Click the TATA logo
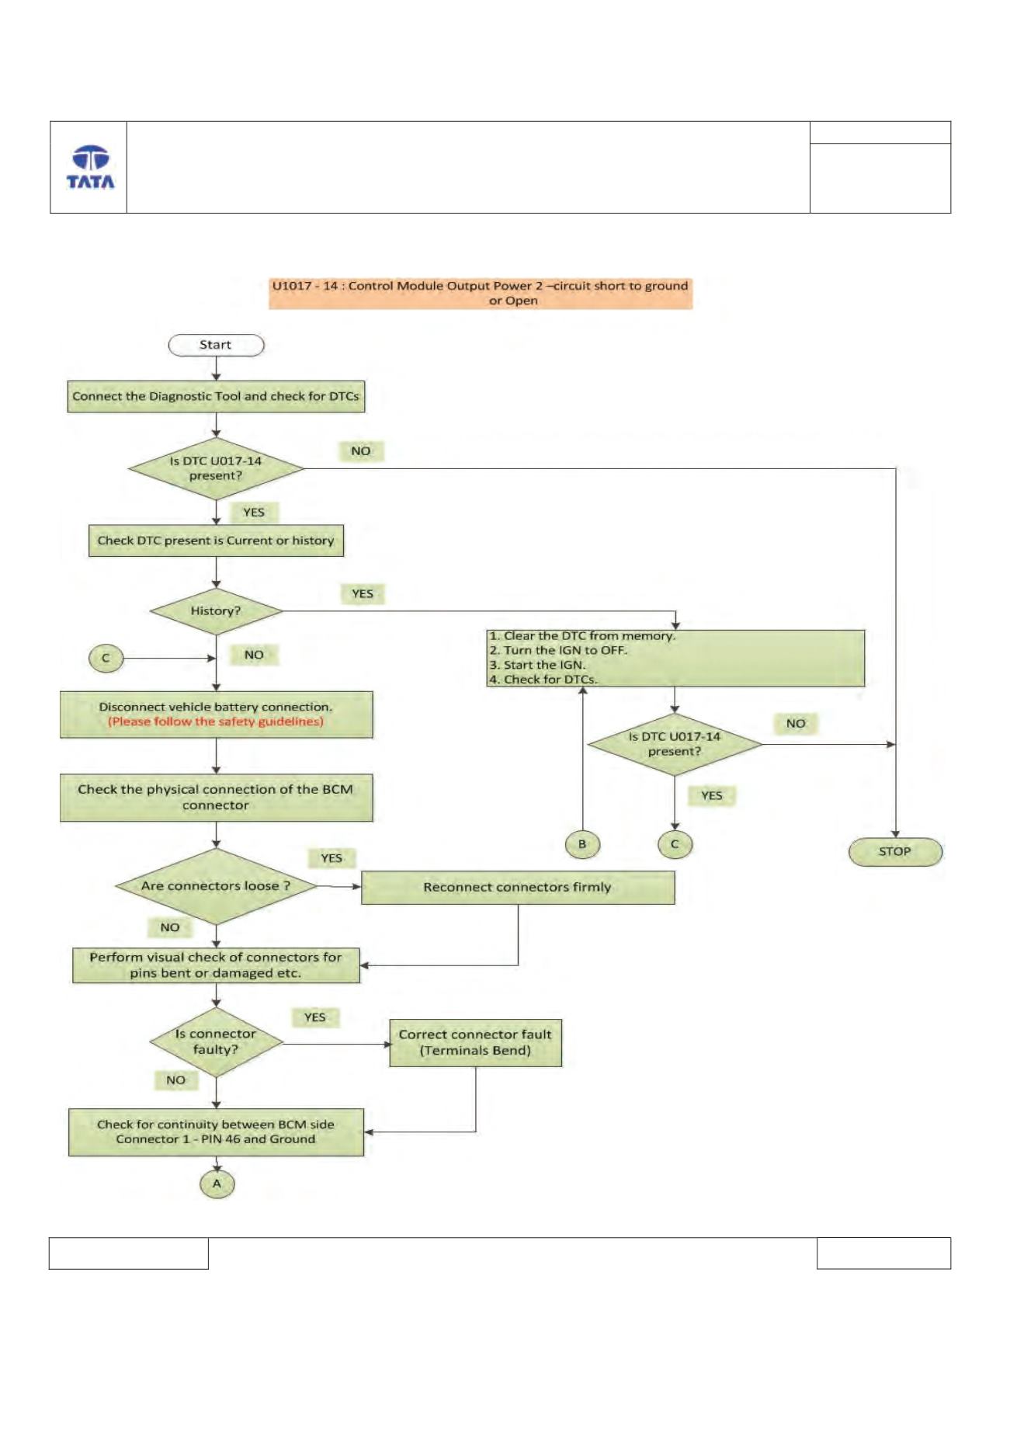pos(90,167)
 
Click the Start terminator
pos(216,345)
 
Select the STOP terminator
pos(895,852)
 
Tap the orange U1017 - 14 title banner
pos(481,294)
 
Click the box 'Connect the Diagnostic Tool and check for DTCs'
pos(216,396)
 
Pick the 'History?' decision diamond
pos(216,611)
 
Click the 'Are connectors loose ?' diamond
pos(216,886)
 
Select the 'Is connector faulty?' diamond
pos(216,1042)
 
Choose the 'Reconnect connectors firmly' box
pos(518,888)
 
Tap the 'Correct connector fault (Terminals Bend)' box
pos(475,1043)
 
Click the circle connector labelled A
pos(217,1184)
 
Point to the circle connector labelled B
pos(582,844)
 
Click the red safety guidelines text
pos(216,721)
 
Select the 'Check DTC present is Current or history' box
pos(216,541)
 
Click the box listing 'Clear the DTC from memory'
pos(675,658)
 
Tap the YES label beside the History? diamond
pos(363,594)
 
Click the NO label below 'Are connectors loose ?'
pos(170,927)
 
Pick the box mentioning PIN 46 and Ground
pos(216,1132)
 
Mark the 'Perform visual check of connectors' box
pos(216,965)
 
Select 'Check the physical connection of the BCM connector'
pos(216,798)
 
